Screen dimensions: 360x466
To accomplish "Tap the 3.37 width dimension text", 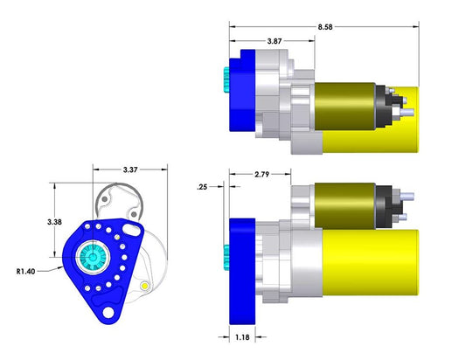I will click(x=129, y=168).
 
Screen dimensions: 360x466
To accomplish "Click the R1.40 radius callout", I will click(x=26, y=270).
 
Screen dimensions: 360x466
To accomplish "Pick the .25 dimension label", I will click(x=203, y=187).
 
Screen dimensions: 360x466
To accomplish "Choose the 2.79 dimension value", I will click(x=261, y=175).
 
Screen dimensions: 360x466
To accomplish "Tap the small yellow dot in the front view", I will click(x=143, y=285).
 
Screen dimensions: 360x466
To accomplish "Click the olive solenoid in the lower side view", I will click(x=344, y=205).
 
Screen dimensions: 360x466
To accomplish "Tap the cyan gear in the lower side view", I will click(x=226, y=255).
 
